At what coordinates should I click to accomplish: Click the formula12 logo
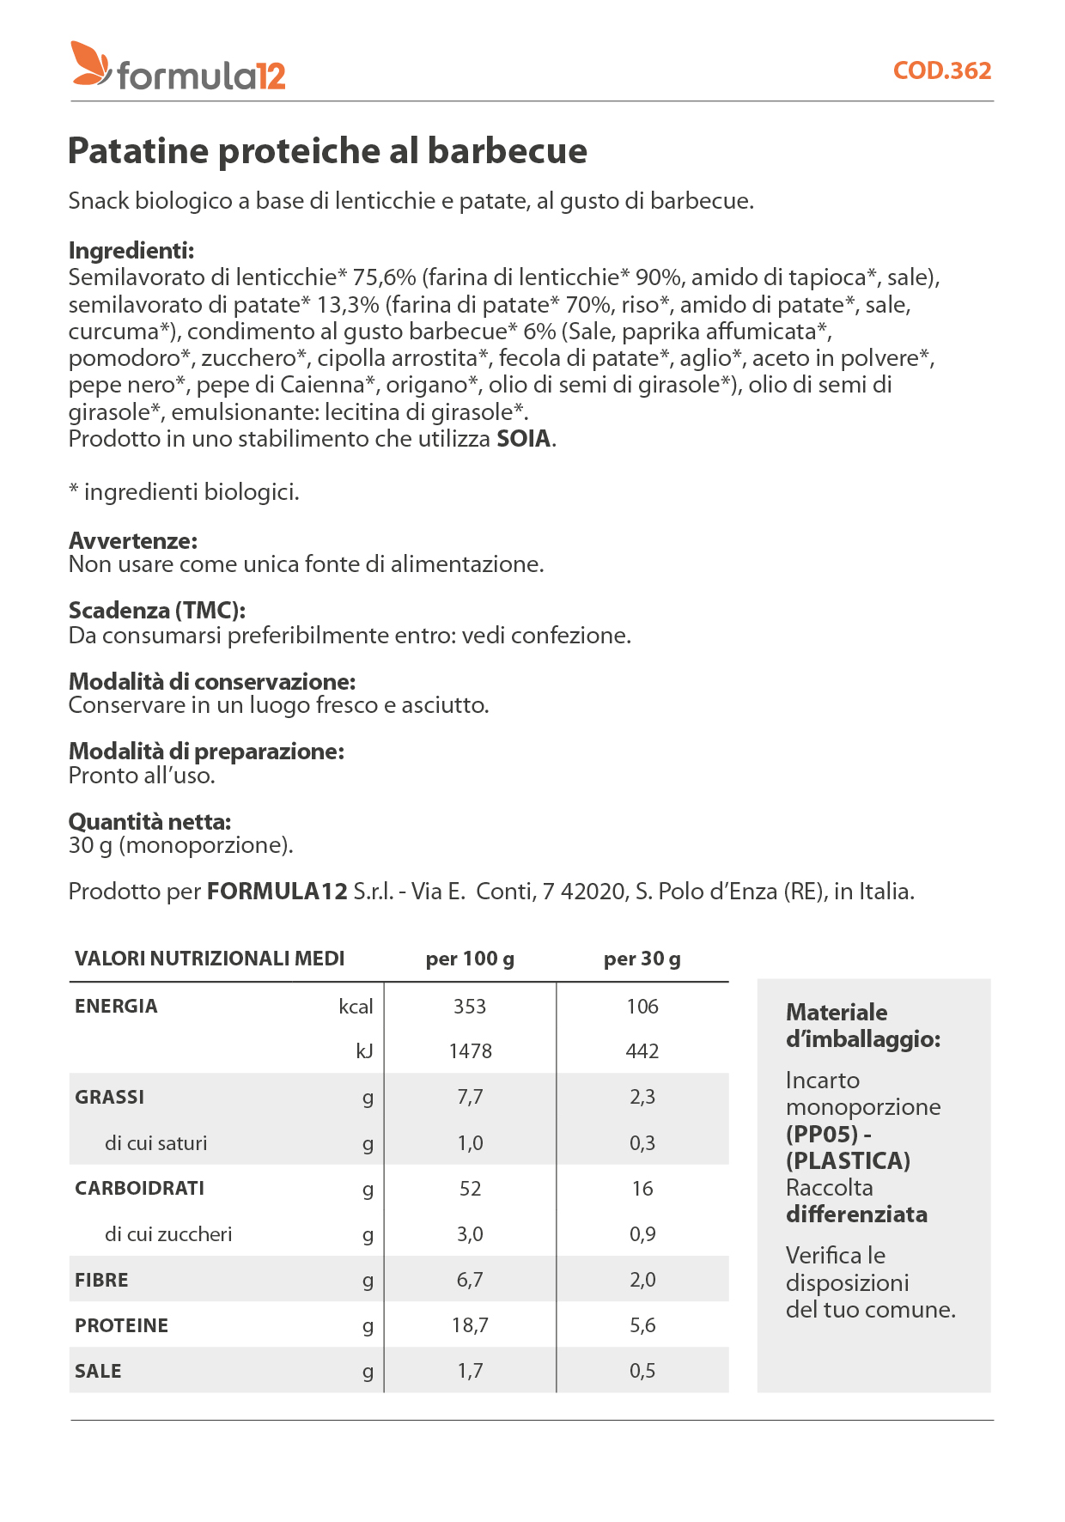pyautogui.click(x=179, y=68)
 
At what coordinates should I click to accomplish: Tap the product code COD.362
pyautogui.click(x=941, y=70)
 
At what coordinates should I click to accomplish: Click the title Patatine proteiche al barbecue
pyautogui.click(x=327, y=151)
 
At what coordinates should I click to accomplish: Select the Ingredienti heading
pyautogui.click(x=131, y=251)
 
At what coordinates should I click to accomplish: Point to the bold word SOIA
pyautogui.click(x=523, y=439)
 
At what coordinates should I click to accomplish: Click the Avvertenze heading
pyautogui.click(x=133, y=541)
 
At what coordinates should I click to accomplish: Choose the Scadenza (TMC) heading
pyautogui.click(x=157, y=611)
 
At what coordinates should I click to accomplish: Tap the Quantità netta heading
pyautogui.click(x=149, y=822)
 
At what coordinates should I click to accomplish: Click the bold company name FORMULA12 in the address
pyautogui.click(x=277, y=892)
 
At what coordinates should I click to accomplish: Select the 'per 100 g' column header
pyautogui.click(x=470, y=959)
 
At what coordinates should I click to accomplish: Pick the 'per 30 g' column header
pyautogui.click(x=642, y=959)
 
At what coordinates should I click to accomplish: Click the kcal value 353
pyautogui.click(x=470, y=1007)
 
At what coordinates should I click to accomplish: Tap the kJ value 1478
pyautogui.click(x=470, y=1051)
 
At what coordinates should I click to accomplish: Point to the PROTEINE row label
pyautogui.click(x=121, y=1325)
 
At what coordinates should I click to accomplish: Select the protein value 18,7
pyautogui.click(x=470, y=1325)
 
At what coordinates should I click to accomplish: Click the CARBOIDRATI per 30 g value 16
pyautogui.click(x=642, y=1189)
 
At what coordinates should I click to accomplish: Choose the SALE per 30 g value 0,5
pyautogui.click(x=642, y=1371)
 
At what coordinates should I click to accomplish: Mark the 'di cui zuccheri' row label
pyautogui.click(x=168, y=1234)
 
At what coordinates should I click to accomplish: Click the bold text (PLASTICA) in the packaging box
pyautogui.click(x=848, y=1161)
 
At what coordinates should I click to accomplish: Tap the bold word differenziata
pyautogui.click(x=856, y=1215)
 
